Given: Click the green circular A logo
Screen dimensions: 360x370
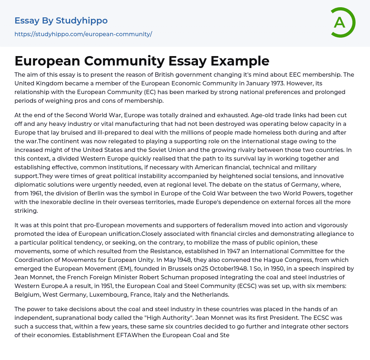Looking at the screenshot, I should tap(342, 22).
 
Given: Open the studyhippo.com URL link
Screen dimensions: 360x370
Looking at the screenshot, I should tap(83, 34).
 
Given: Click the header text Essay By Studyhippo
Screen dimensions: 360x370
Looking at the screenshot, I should tap(61, 21).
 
